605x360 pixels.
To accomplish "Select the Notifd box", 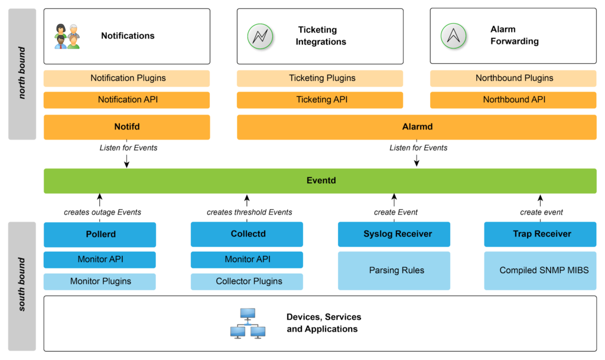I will (126, 127).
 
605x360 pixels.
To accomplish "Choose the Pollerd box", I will (99, 234).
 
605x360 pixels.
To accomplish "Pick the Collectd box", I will (246, 234).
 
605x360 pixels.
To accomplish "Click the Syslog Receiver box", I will (393, 234).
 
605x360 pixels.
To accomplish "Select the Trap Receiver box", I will (540, 234).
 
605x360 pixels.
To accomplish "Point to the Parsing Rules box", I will (393, 271).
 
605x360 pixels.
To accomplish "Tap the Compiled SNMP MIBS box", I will (540, 271).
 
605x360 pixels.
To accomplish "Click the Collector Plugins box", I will (246, 281).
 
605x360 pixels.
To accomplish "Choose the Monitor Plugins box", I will (99, 281).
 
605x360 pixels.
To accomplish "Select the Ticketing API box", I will (320, 100).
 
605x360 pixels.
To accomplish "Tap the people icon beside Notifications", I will (66, 36).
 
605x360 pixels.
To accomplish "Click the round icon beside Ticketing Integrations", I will (259, 36).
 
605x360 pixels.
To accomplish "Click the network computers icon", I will (248, 323).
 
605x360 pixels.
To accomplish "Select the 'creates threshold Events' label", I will (249, 212).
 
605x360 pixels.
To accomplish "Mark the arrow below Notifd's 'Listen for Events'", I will (127, 161).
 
